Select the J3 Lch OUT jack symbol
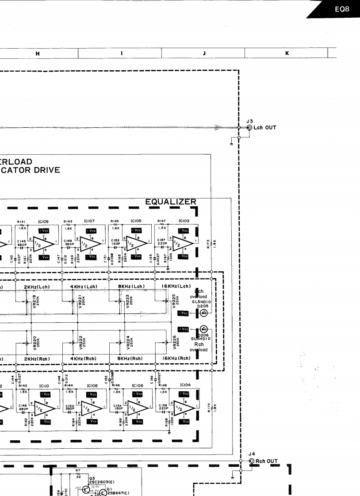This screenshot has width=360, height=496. point(250,128)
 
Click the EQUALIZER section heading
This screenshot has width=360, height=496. point(171,202)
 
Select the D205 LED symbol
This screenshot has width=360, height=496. point(203,313)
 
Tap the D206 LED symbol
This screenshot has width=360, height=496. point(203,329)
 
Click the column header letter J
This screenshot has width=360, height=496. point(204,53)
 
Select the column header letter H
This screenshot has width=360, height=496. point(37,53)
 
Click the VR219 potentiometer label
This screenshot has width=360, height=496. point(34,301)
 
